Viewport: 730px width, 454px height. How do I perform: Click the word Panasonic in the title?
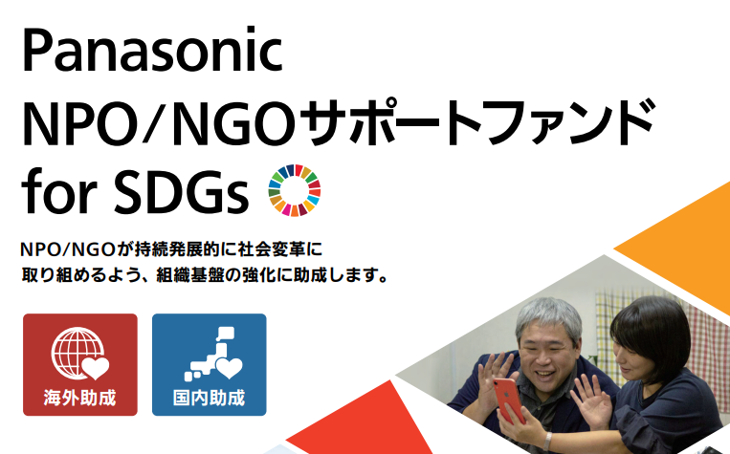click(152, 50)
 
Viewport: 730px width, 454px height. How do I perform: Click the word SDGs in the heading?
click(182, 193)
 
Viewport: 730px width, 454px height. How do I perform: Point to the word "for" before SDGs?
click(59, 191)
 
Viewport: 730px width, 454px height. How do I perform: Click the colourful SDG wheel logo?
click(295, 190)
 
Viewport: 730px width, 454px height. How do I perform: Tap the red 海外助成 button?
click(80, 365)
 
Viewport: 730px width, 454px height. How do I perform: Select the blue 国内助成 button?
click(209, 365)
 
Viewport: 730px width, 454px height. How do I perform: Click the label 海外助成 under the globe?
click(80, 399)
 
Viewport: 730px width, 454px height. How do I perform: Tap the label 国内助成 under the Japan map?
click(209, 399)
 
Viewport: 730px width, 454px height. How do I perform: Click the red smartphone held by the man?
click(509, 400)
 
